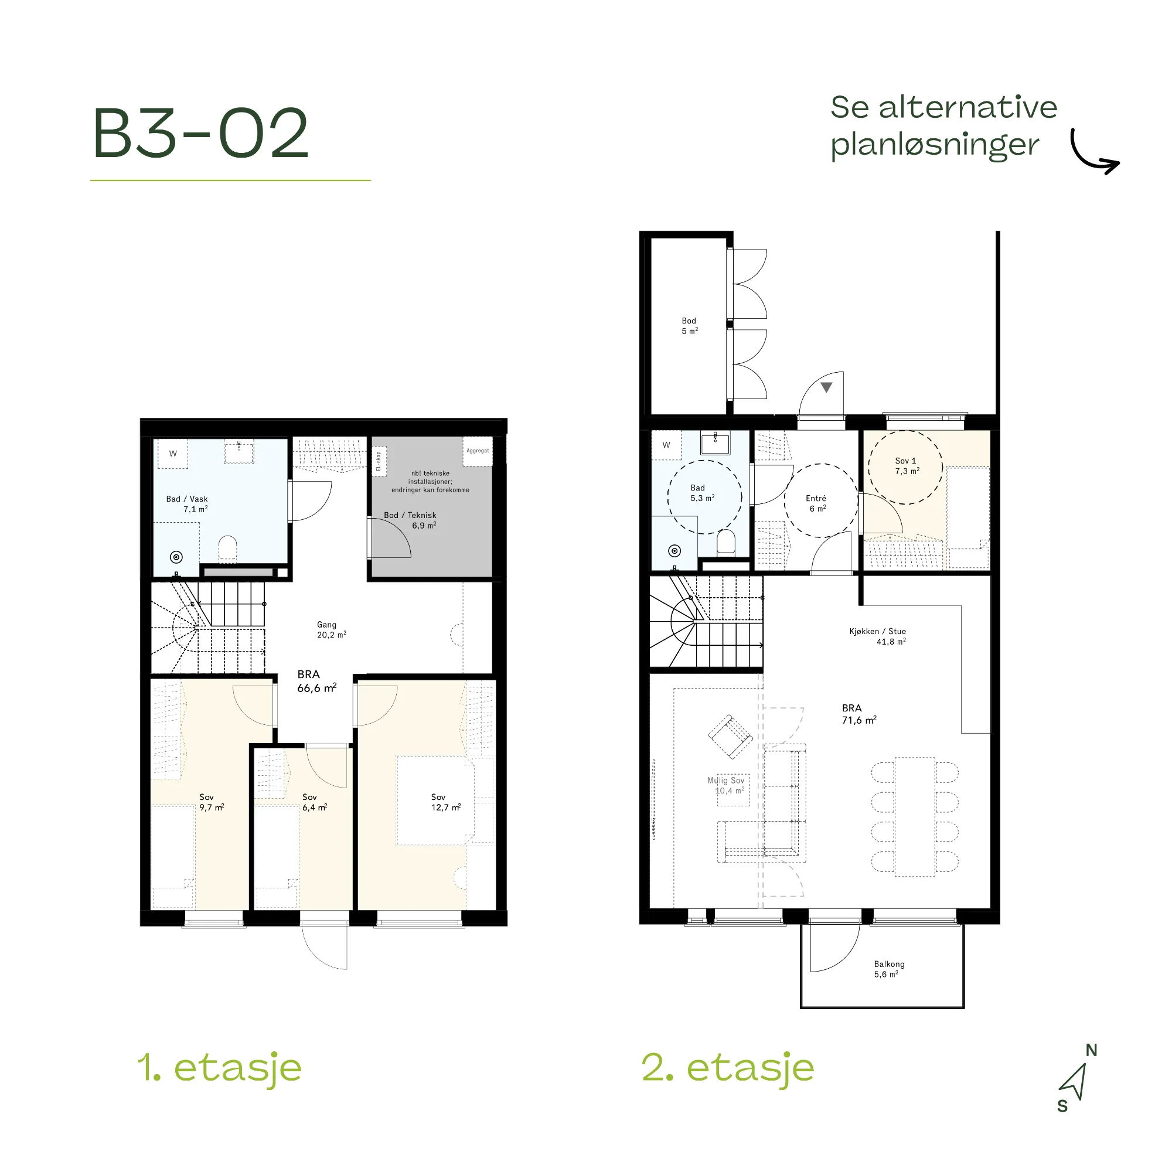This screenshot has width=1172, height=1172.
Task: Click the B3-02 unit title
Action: coord(201,133)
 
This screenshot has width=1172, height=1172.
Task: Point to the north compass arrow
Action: coord(1075,1083)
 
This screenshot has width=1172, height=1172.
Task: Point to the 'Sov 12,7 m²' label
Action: coord(446,802)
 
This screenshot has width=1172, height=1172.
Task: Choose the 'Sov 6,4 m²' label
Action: coord(314,802)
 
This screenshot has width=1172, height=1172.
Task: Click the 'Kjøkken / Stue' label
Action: coord(877,632)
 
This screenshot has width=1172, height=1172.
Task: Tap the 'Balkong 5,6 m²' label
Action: coord(889,969)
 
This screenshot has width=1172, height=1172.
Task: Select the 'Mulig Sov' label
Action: coord(725,781)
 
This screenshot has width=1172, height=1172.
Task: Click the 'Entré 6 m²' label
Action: coord(816,503)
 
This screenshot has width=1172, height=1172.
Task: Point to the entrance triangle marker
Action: coord(826,387)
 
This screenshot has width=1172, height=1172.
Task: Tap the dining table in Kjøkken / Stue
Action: coord(915,816)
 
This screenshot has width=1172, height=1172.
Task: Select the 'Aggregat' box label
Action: coord(478,451)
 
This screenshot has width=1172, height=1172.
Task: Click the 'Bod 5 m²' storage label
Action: coord(689,326)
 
